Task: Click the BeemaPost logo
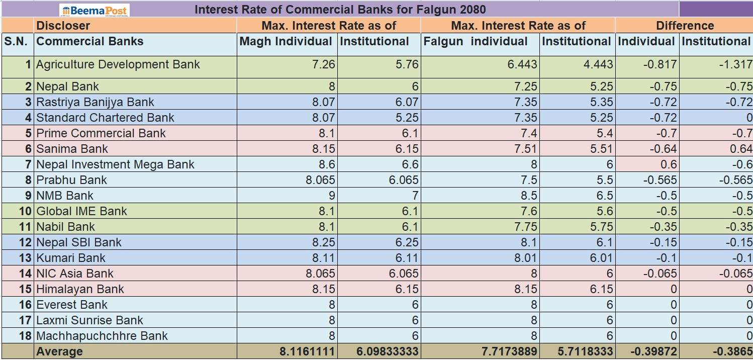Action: (94, 10)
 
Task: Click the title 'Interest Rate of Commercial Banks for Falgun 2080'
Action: (340, 10)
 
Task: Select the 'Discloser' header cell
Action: (63, 26)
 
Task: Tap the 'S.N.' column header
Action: (16, 41)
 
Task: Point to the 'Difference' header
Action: (685, 26)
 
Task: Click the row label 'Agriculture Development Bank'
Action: (118, 64)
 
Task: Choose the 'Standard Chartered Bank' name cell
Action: (105, 118)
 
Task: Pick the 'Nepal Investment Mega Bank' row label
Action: (115, 164)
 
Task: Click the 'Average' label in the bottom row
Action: (59, 352)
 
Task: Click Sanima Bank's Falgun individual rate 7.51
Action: (525, 149)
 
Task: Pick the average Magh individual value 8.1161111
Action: (307, 352)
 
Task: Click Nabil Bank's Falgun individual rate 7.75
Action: (525, 227)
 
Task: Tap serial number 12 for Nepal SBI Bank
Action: (25, 242)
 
